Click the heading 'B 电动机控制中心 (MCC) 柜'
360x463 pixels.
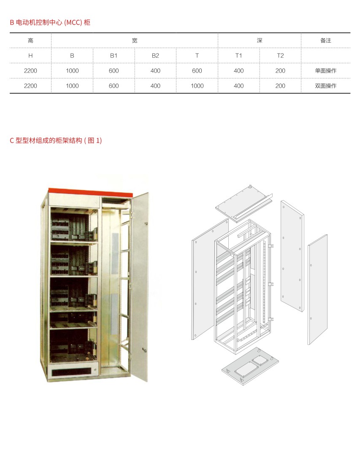[x=50, y=22]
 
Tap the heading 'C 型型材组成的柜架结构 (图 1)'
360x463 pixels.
[x=56, y=140]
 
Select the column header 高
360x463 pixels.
[x=30, y=41]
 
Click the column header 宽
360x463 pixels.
[x=135, y=41]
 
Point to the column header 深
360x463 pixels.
[x=260, y=41]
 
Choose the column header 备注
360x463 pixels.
[x=326, y=41]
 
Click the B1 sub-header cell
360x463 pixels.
[x=114, y=56]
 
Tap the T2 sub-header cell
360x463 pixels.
[x=280, y=56]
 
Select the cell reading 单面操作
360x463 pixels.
[x=326, y=70]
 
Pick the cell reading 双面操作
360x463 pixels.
[x=326, y=86]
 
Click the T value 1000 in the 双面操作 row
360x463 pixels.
[x=197, y=86]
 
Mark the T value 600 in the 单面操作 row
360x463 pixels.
[x=197, y=70]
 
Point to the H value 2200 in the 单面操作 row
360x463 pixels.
[x=30, y=70]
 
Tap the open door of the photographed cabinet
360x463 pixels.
[x=140, y=286]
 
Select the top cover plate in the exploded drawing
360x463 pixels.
[x=244, y=203]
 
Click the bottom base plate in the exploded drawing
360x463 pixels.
[x=250, y=366]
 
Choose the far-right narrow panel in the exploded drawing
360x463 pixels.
[x=318, y=289]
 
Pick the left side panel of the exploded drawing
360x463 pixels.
[x=210, y=279]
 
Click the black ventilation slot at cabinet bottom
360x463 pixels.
[x=71, y=372]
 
